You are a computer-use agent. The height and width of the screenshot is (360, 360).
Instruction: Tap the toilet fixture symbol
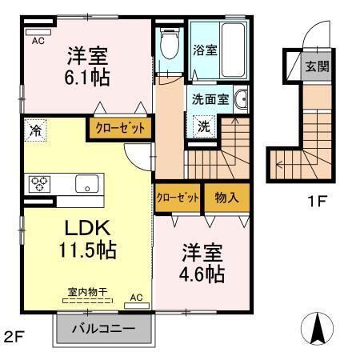(x=168, y=45)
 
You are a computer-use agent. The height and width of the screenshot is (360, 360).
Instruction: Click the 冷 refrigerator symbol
(x=35, y=128)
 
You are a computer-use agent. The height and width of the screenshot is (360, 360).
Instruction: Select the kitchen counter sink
(x=85, y=183)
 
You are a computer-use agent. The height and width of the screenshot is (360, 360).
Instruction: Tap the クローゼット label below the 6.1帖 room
(x=118, y=127)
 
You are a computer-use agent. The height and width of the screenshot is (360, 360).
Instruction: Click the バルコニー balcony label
(x=102, y=329)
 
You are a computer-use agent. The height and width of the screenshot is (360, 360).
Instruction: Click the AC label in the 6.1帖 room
(x=38, y=42)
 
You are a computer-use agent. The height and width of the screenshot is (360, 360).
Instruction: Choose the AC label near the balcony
(x=135, y=298)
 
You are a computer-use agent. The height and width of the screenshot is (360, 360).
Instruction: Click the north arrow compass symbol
(x=317, y=326)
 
